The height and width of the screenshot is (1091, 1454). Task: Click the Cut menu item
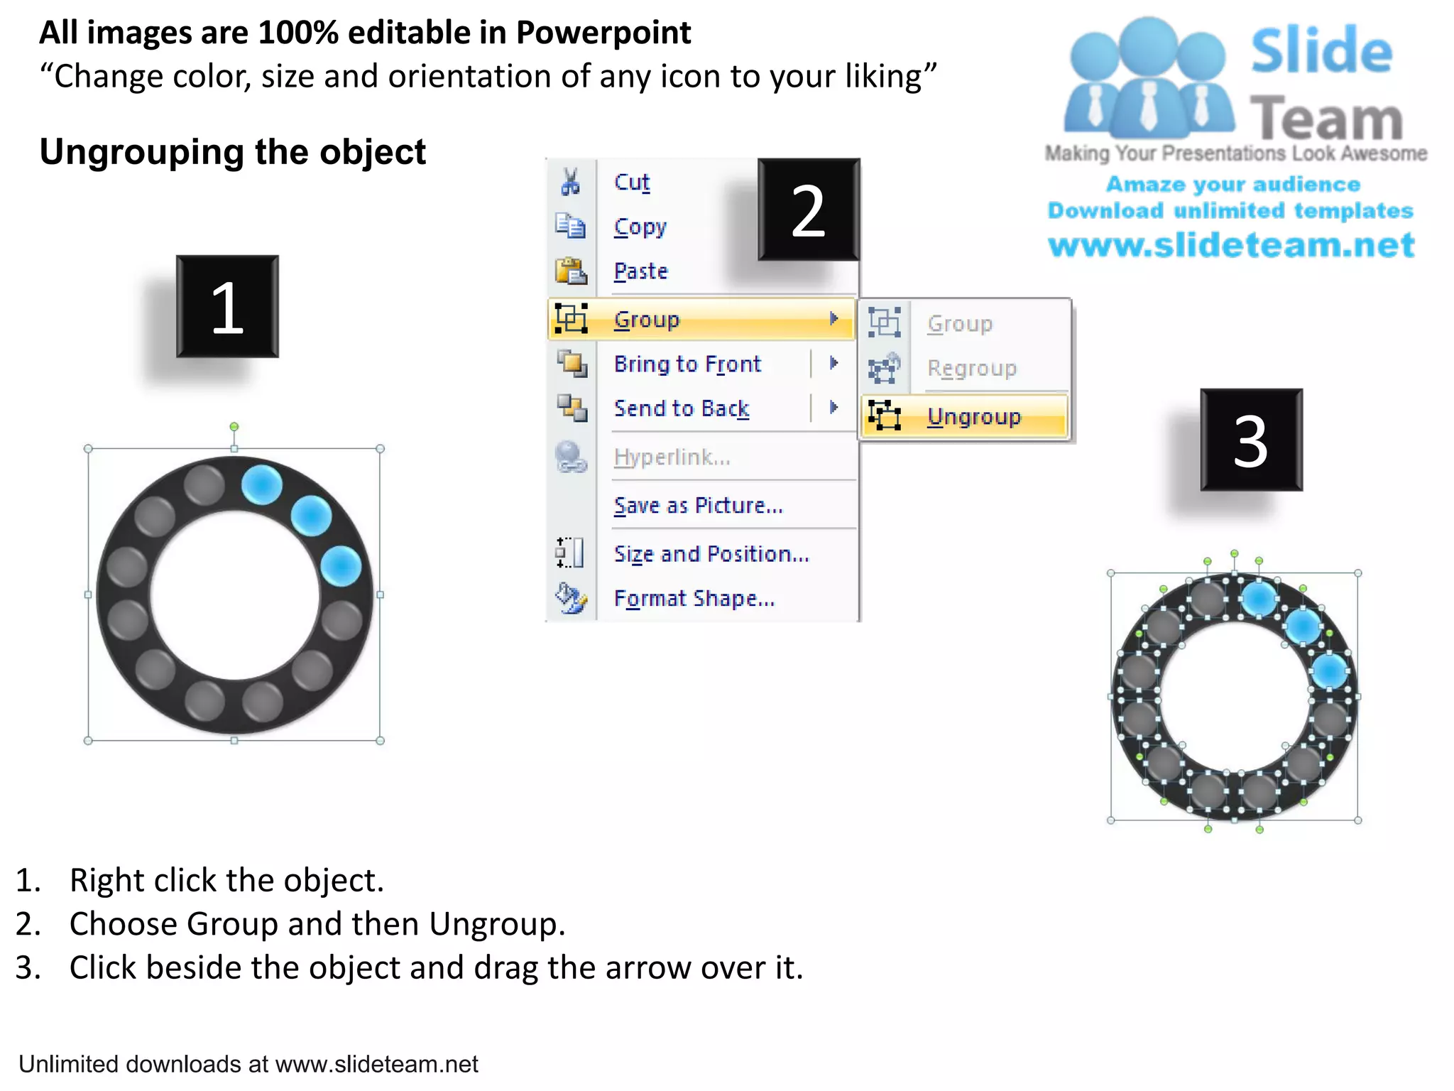[x=631, y=183]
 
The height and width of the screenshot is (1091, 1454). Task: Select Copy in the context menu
[x=640, y=227]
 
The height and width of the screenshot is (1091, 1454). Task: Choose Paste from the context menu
[x=640, y=271]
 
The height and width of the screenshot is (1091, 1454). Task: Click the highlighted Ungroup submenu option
[x=973, y=417]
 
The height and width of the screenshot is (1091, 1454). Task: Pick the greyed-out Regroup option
[x=971, y=369]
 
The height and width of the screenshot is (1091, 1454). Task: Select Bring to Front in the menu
[x=687, y=364]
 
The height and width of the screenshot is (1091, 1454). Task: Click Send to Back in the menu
[x=681, y=408]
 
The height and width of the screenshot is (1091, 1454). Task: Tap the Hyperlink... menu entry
[x=672, y=457]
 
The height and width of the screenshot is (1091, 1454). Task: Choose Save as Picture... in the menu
[x=698, y=506]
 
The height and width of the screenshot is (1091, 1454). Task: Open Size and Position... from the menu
[x=711, y=554]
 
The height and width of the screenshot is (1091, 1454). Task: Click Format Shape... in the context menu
[x=694, y=599]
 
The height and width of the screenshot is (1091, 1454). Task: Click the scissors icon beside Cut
[x=570, y=182]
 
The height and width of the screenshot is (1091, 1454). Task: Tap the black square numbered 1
[x=227, y=307]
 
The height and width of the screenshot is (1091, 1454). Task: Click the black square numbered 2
[x=809, y=210]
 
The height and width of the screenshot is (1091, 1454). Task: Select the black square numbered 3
[x=1251, y=440]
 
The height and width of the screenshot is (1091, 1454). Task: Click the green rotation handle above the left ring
[x=234, y=427]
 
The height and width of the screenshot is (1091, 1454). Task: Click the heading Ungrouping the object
[x=232, y=152]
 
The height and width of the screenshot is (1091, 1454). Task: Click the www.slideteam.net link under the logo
[x=1231, y=245]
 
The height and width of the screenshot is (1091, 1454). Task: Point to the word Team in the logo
[x=1326, y=119]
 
